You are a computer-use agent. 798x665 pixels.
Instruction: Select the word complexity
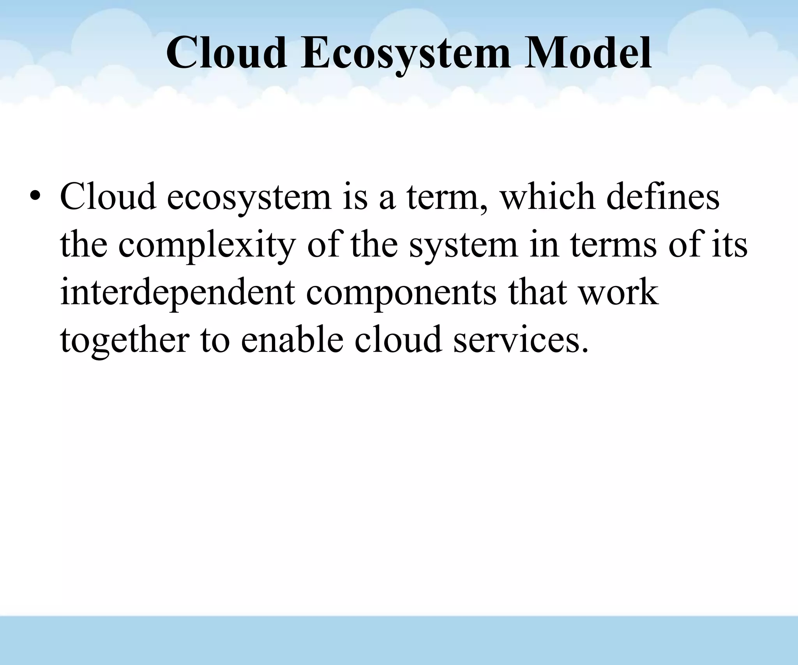click(x=206, y=245)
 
